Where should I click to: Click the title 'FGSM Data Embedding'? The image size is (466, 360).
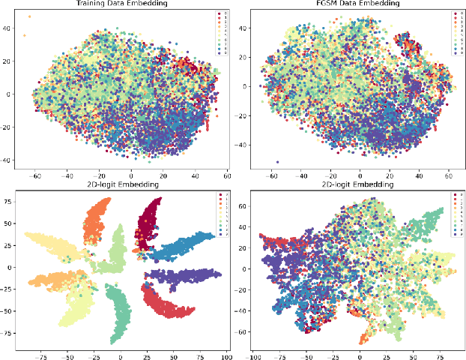pos(354,4)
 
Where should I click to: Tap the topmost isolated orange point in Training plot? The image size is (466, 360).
pos(29,16)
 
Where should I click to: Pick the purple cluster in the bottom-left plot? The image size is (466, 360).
pos(184,275)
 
